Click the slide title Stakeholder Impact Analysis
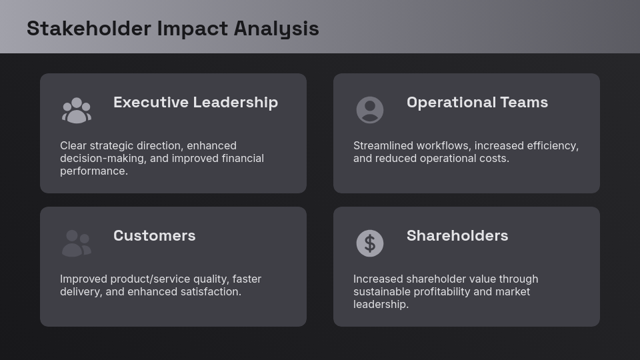[173, 29]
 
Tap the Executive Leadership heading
[195, 102]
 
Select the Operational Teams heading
[477, 102]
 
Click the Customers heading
[154, 235]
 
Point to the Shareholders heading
[457, 235]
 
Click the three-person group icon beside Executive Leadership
[77, 110]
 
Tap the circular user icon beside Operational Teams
[370, 110]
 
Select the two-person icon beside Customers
[77, 243]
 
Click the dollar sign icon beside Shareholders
[370, 243]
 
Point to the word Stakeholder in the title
[89, 29]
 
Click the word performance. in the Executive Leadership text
[94, 171]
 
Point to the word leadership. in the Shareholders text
[381, 304]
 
